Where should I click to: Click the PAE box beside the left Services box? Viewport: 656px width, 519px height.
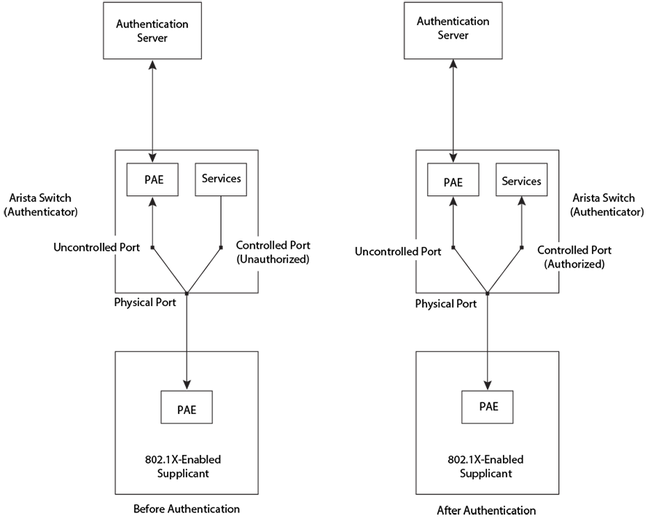(x=152, y=179)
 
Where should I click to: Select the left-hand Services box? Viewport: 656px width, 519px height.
(x=221, y=178)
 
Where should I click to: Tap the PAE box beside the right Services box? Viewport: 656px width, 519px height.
(x=453, y=182)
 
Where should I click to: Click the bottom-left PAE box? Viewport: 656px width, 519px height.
(x=187, y=408)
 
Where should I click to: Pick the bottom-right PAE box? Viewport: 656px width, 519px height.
(x=488, y=406)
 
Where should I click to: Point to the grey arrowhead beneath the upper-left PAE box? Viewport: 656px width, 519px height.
(x=152, y=204)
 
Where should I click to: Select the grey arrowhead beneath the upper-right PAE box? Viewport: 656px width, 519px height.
(x=453, y=205)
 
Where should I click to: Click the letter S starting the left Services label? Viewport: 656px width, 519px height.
(x=206, y=178)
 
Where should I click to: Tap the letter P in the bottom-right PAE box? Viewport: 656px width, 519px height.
(x=481, y=406)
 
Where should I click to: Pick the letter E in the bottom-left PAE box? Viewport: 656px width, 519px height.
(x=193, y=408)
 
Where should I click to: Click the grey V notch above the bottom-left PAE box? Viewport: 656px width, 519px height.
(x=187, y=379)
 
